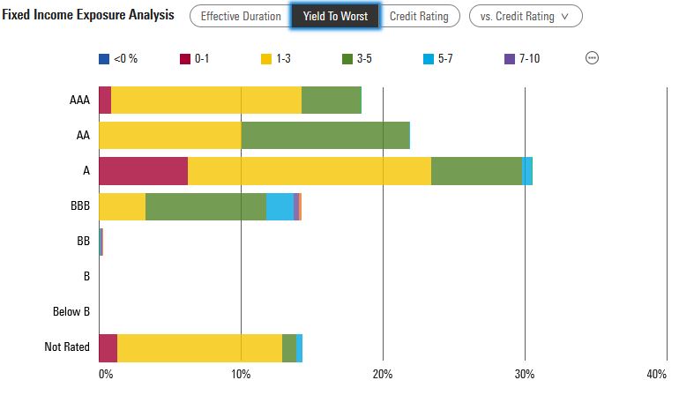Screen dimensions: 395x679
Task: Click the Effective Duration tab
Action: [241, 16]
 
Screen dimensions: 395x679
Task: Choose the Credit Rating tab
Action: [419, 16]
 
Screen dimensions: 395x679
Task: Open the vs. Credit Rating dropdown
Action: [525, 16]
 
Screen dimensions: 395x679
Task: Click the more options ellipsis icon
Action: [593, 58]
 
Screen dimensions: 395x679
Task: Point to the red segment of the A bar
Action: [143, 171]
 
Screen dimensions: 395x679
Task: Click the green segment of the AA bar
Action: [325, 136]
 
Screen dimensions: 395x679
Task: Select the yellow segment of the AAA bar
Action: [206, 101]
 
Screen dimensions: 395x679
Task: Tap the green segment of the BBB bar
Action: [205, 206]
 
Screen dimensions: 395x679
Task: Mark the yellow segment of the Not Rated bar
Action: [199, 347]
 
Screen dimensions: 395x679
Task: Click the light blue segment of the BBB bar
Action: [280, 206]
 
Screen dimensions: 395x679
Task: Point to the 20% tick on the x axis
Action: [382, 373]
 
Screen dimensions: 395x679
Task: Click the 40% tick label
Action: [657, 373]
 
